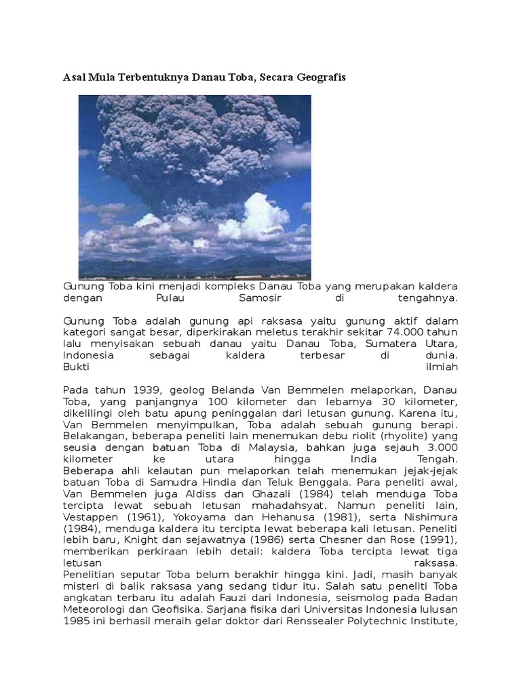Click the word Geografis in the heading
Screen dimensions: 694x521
pos(321,78)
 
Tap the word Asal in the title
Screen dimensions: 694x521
pos(74,78)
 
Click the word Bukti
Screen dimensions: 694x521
pos(76,367)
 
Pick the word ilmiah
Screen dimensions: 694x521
pos(442,367)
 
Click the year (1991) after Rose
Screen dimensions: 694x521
pos(439,539)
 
